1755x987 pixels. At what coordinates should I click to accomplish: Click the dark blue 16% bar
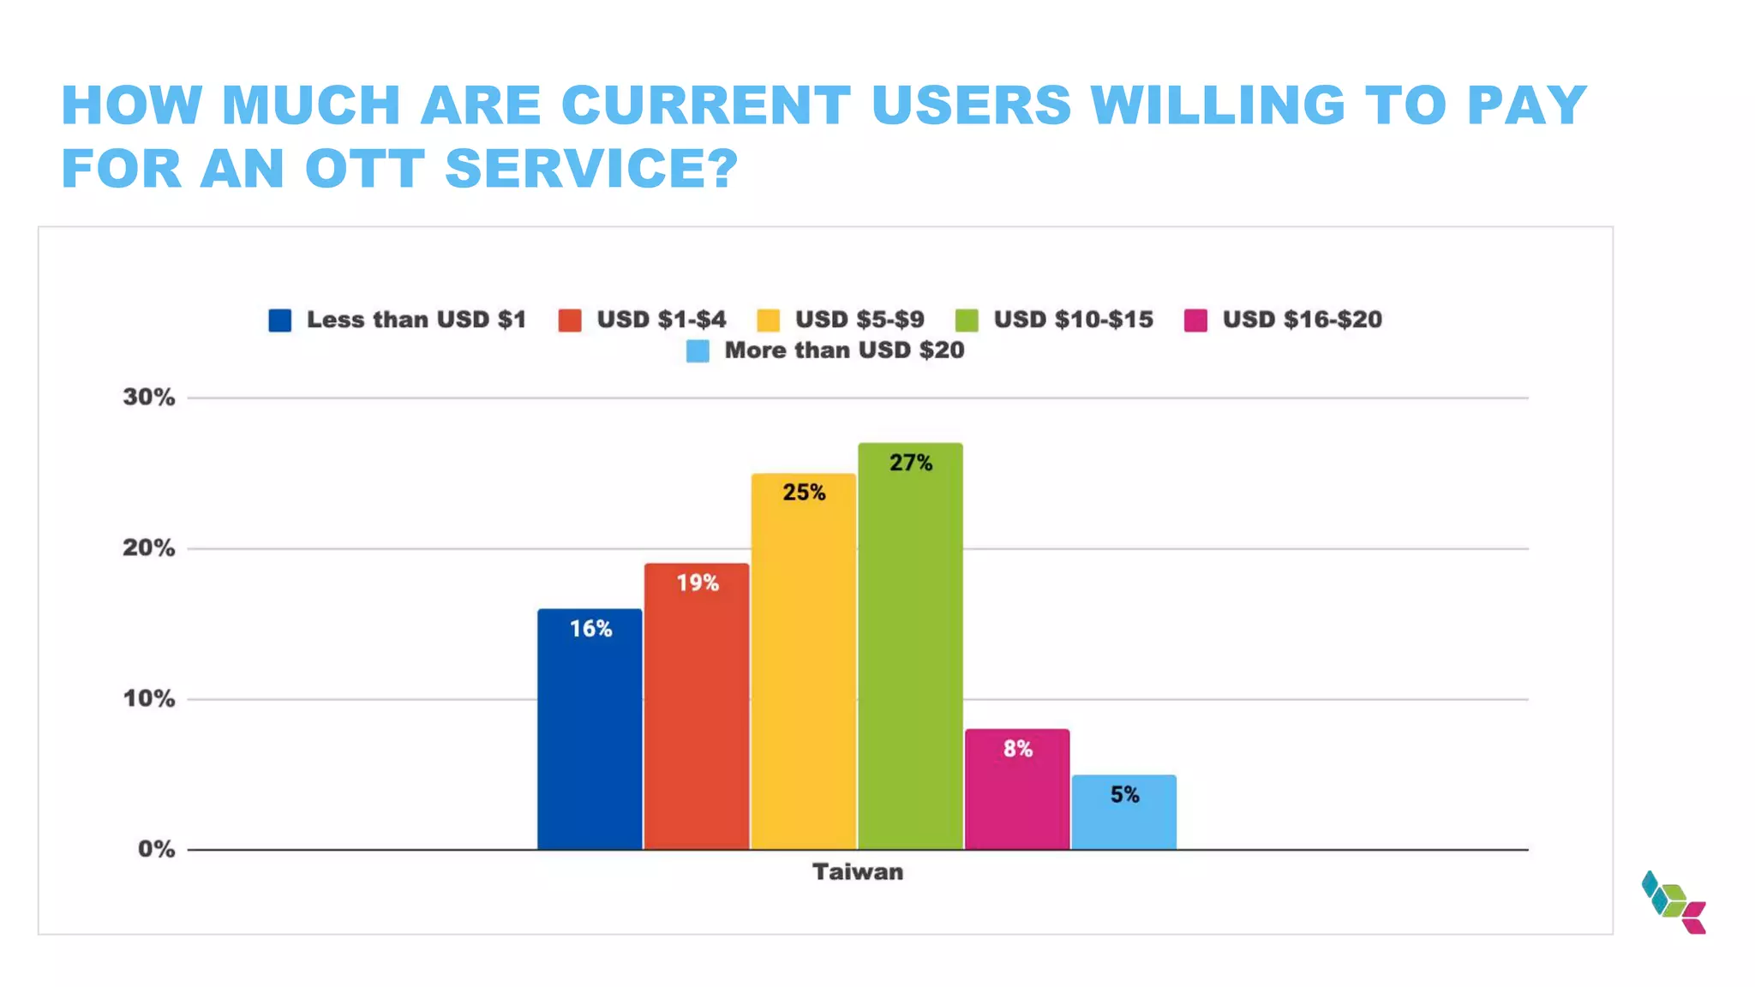click(x=590, y=728)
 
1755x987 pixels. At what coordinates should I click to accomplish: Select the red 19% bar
click(x=697, y=706)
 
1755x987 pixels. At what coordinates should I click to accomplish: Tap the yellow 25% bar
click(x=804, y=661)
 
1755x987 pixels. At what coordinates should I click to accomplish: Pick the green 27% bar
click(x=910, y=646)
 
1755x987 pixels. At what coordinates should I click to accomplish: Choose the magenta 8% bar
click(x=1017, y=789)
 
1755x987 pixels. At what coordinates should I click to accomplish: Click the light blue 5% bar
click(x=1123, y=812)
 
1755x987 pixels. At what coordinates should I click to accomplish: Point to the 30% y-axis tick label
click(x=149, y=397)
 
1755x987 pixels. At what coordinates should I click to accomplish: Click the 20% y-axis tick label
click(x=149, y=547)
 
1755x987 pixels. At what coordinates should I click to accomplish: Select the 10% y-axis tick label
click(x=149, y=698)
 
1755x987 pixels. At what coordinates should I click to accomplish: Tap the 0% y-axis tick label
click(x=156, y=849)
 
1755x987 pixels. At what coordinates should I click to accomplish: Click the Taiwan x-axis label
click(x=858, y=872)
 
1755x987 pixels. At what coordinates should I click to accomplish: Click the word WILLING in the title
click(x=1218, y=105)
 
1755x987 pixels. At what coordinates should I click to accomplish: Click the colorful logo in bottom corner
click(x=1674, y=902)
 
